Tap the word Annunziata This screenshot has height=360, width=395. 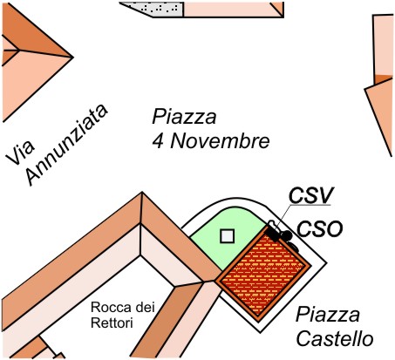[x=67, y=145]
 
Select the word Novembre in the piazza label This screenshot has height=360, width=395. [x=220, y=141]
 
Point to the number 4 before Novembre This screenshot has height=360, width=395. [x=158, y=141]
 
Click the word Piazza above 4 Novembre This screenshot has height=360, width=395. [x=184, y=117]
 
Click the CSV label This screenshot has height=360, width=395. [x=310, y=195]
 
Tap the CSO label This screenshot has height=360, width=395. [x=319, y=229]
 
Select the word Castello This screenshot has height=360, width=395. [x=334, y=339]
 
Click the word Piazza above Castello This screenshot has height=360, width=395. [x=328, y=315]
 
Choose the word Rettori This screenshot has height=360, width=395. [x=112, y=323]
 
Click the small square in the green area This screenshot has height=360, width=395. [x=228, y=236]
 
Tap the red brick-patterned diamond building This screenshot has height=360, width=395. [x=263, y=275]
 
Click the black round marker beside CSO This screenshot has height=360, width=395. [x=287, y=235]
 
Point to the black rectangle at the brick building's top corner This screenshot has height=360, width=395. [x=273, y=234]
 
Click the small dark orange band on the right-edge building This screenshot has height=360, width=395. [x=384, y=79]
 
